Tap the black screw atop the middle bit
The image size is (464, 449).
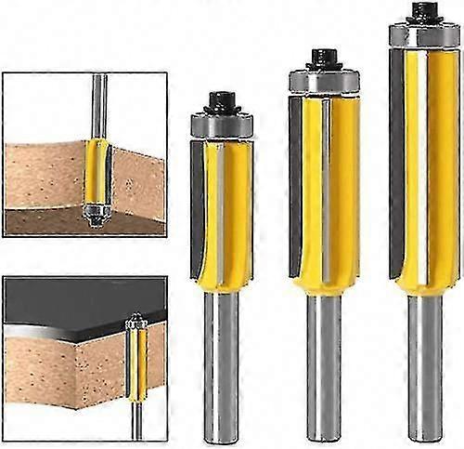click(323, 59)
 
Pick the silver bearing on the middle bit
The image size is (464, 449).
click(323, 81)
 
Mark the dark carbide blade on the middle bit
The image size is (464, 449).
click(296, 186)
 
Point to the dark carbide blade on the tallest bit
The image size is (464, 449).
click(396, 158)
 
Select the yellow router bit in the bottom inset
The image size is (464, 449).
click(139, 363)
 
